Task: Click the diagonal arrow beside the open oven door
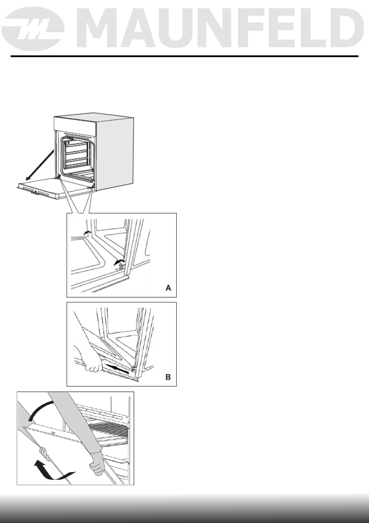tap(40, 165)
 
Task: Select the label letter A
tap(168, 288)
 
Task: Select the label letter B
tap(168, 377)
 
